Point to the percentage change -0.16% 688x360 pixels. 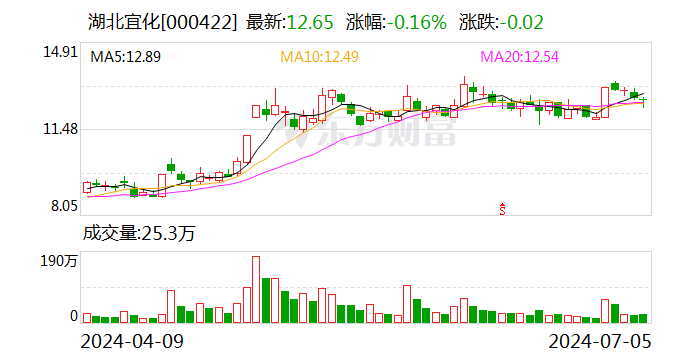(x=415, y=21)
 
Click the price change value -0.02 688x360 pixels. (x=524, y=21)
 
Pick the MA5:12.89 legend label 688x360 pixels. (x=125, y=57)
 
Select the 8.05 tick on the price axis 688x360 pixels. (x=62, y=206)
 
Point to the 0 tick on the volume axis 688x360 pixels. (x=73, y=316)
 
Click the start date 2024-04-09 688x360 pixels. (x=132, y=341)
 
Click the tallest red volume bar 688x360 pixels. (x=255, y=289)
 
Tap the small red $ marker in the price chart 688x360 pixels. (x=503, y=208)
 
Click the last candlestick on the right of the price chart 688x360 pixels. (x=644, y=100)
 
